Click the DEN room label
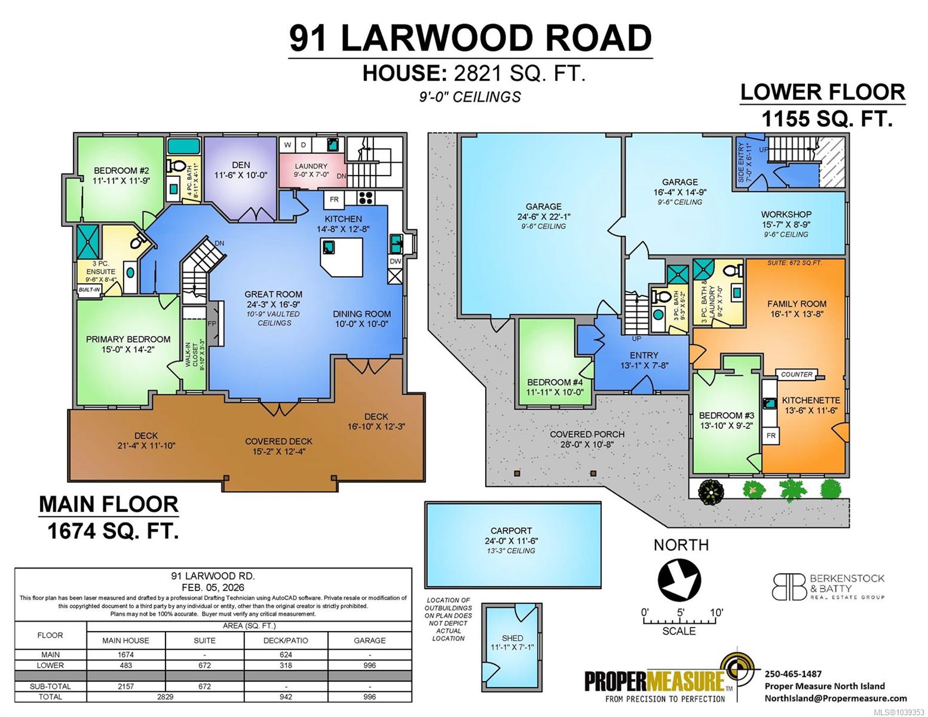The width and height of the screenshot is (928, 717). tap(241, 165)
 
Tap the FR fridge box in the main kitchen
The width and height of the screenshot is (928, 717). tap(334, 200)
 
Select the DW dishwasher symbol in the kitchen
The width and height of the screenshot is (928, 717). tap(395, 261)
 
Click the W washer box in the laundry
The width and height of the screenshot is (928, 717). tap(287, 145)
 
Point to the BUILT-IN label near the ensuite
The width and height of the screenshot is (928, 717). tap(89, 290)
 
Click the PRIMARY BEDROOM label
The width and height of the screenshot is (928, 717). tap(128, 339)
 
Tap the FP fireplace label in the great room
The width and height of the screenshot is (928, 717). tap(212, 324)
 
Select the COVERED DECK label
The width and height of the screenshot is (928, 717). tap(278, 441)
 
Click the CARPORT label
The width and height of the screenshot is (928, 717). tap(511, 531)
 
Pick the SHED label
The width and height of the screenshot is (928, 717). tap(513, 638)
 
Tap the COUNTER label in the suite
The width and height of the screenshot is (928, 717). tap(797, 375)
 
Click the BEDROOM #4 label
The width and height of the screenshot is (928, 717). tap(555, 382)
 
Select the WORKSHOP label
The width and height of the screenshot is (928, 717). tap(786, 215)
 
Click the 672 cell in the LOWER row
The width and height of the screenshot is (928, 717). tap(204, 666)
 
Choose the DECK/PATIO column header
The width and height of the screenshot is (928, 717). tap(286, 641)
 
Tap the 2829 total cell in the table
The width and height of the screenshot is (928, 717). tap(166, 697)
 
